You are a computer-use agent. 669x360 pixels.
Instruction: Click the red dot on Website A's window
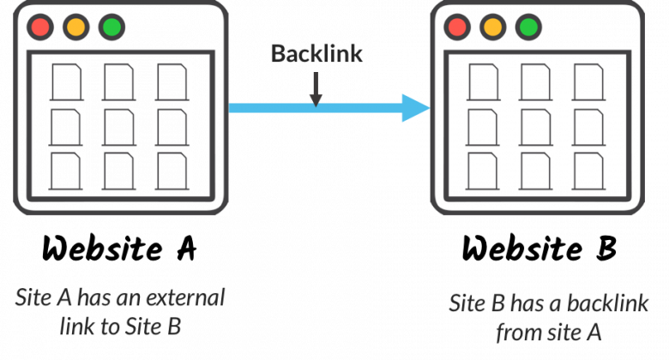coord(40,27)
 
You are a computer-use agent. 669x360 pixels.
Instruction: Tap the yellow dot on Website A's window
coord(76,27)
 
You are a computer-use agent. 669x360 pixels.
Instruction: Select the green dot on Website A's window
coord(111,27)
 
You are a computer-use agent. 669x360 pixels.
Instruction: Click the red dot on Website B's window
coord(457,27)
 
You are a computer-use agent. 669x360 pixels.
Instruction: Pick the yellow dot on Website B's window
coord(493,27)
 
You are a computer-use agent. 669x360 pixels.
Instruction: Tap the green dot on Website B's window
coord(528,27)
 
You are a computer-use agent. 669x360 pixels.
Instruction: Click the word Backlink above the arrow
coord(316,54)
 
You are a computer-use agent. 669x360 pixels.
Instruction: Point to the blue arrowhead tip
coord(430,108)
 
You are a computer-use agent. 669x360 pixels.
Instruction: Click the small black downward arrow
coord(316,89)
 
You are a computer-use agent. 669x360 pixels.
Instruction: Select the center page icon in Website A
coord(119,127)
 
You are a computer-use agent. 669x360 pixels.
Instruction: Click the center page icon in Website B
coord(536,127)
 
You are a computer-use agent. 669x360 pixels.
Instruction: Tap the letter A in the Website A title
coord(186,249)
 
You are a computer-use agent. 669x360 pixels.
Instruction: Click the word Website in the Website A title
coord(102,249)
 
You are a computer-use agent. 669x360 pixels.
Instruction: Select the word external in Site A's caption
coord(185,297)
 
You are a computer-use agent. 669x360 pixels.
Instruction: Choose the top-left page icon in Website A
coord(67,82)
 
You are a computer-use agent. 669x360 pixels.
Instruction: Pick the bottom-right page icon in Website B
coord(588,171)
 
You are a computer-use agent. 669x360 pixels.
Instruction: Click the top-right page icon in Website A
coord(172,82)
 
